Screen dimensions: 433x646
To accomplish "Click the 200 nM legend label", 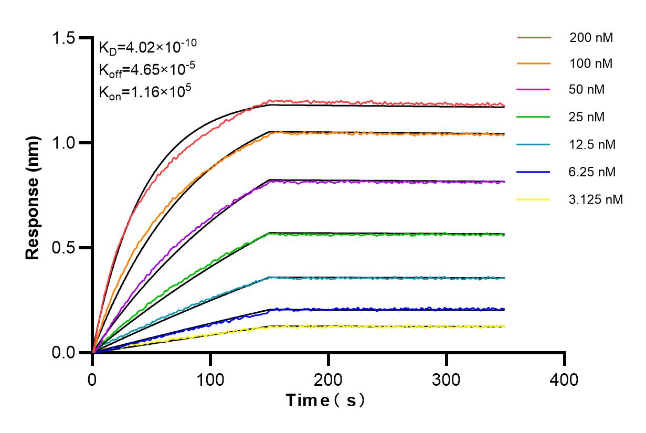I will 591,38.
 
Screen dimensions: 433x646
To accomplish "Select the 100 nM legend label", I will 591,64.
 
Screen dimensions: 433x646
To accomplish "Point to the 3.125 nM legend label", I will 596,199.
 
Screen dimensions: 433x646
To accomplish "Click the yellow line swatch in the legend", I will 534,199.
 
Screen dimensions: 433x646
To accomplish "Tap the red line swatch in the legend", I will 534,38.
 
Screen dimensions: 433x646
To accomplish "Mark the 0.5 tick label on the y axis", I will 64,248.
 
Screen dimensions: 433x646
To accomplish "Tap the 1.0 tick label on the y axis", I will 64,143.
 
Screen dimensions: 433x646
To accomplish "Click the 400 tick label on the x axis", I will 565,379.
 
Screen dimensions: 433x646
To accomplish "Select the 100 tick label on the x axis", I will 210,379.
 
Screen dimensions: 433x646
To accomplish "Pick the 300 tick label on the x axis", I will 447,379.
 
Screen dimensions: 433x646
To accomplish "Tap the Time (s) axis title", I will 325,400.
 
